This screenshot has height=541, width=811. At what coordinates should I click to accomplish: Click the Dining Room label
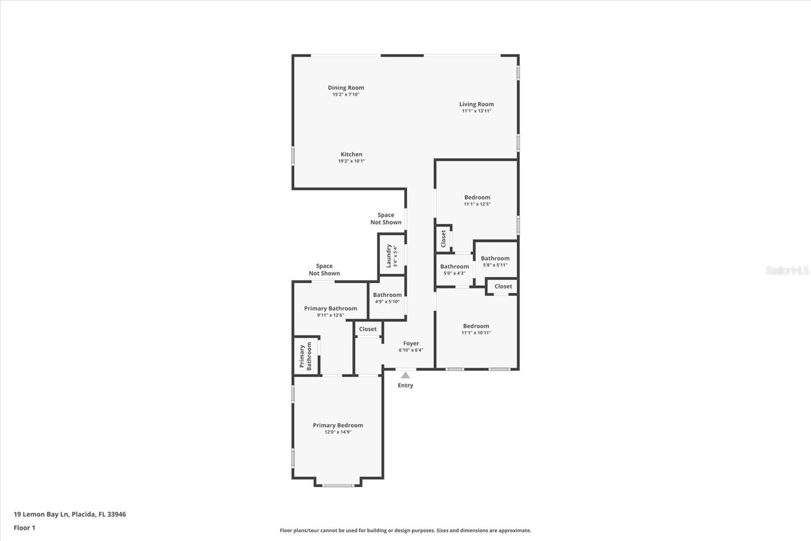pyautogui.click(x=346, y=88)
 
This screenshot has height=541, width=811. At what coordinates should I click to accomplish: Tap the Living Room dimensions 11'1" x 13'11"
pyautogui.click(x=476, y=111)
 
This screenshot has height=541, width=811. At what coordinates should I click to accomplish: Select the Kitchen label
pyautogui.click(x=351, y=154)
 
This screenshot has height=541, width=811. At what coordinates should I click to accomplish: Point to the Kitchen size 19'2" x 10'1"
pyautogui.click(x=351, y=161)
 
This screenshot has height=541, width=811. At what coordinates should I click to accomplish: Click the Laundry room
pyautogui.click(x=392, y=255)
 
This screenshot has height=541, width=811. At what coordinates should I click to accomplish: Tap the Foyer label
pyautogui.click(x=411, y=344)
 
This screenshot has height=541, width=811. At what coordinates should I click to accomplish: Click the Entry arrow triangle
pyautogui.click(x=405, y=376)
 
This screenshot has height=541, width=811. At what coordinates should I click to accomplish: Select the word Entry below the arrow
pyautogui.click(x=405, y=386)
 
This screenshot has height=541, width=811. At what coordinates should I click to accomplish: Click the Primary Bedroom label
pyautogui.click(x=338, y=425)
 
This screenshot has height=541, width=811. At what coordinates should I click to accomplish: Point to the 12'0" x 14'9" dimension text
pyautogui.click(x=338, y=432)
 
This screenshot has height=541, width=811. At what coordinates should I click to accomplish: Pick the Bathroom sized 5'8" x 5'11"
pyautogui.click(x=495, y=261)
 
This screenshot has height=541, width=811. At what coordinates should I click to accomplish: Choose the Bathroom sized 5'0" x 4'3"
pyautogui.click(x=454, y=269)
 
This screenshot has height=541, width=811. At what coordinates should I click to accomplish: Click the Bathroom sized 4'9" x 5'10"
pyautogui.click(x=387, y=298)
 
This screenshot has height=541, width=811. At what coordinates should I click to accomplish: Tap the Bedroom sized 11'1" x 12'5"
pyautogui.click(x=477, y=200)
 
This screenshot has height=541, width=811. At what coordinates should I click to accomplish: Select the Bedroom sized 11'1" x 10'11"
pyautogui.click(x=476, y=329)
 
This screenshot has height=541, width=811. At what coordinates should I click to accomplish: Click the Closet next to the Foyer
pyautogui.click(x=367, y=329)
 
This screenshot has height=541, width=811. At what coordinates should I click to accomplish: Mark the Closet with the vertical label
pyautogui.click(x=443, y=239)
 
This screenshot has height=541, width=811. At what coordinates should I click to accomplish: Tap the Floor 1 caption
pyautogui.click(x=24, y=528)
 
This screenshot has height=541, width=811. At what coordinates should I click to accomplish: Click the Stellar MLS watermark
pyautogui.click(x=787, y=270)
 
